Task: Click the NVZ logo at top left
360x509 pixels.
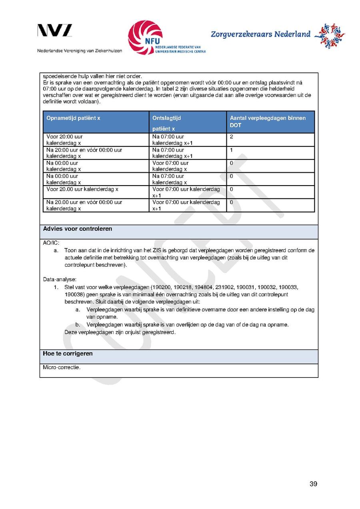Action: point(55,31)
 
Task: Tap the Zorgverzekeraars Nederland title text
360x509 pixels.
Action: point(260,34)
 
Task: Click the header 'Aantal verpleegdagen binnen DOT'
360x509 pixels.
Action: point(268,122)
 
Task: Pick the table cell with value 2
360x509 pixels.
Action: point(232,137)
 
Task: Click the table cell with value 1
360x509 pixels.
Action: point(232,150)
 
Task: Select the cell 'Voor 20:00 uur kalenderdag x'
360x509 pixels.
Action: point(64,140)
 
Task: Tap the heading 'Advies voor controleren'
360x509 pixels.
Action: point(78,229)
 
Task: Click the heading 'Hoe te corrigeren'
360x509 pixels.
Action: point(68,354)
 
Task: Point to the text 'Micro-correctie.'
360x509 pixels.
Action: point(62,367)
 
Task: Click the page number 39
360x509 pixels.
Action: point(313,484)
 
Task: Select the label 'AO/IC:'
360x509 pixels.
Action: point(51,243)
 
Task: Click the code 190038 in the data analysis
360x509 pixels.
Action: point(73,294)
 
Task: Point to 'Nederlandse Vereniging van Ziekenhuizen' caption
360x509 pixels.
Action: point(80,51)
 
